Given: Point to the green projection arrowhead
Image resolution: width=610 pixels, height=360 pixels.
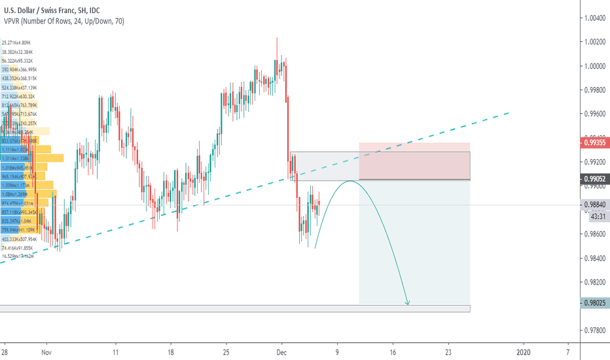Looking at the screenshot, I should tap(408, 302).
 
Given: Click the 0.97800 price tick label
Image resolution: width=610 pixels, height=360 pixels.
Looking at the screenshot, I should tap(594, 330).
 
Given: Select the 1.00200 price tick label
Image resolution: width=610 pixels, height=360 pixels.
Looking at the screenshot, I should tap(594, 42).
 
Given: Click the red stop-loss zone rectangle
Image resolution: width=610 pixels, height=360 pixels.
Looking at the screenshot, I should tap(414, 161).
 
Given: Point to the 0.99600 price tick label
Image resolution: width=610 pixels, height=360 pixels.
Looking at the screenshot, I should tap(594, 114).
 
